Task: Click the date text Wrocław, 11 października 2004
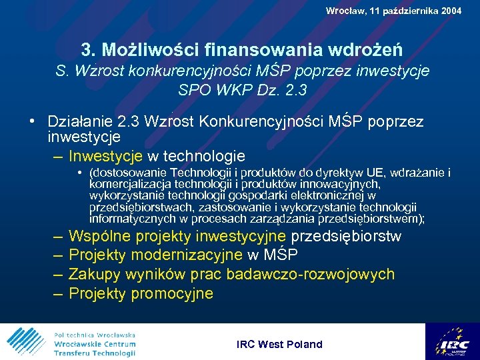click(x=393, y=11)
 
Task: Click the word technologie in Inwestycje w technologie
click(x=205, y=157)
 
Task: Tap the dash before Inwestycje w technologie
click(x=57, y=157)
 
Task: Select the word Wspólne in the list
click(x=97, y=237)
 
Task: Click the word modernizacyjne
click(x=188, y=255)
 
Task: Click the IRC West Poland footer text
click(x=279, y=345)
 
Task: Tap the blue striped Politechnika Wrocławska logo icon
click(x=25, y=341)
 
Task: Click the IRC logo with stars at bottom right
click(x=452, y=341)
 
